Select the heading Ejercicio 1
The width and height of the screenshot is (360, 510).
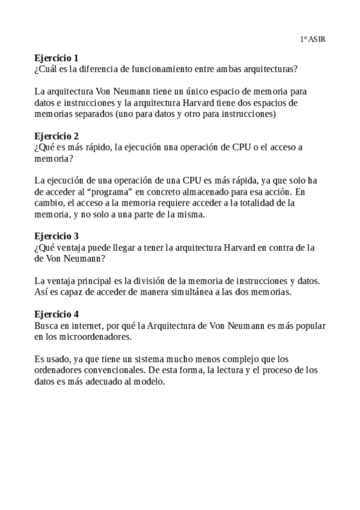(x=56, y=58)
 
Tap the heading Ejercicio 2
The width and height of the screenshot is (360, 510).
(x=56, y=136)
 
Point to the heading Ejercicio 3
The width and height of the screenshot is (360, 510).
(x=56, y=236)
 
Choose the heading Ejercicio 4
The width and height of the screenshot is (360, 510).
(x=56, y=314)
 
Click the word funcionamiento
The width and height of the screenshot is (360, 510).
(x=154, y=69)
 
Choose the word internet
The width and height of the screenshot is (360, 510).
(x=90, y=325)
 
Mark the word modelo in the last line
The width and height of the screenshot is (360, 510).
(x=148, y=382)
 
